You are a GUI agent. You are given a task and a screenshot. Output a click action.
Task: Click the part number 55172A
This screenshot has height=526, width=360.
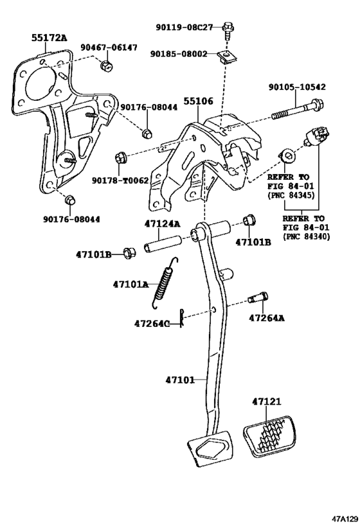tap(49, 39)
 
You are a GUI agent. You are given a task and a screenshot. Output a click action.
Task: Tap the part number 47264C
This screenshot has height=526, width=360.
tap(152, 324)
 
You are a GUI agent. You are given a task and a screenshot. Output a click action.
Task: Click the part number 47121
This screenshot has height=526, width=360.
tap(267, 401)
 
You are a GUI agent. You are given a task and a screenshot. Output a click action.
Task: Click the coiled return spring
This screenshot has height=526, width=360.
tap(164, 279)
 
